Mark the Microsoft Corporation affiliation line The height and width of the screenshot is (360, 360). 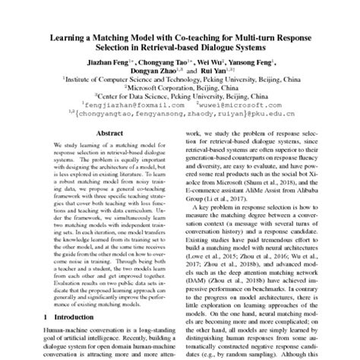pyautogui.click(x=179, y=87)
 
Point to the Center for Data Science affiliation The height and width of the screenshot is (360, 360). pyautogui.click(x=179, y=96)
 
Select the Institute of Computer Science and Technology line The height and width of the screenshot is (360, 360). pyautogui.click(x=179, y=77)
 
